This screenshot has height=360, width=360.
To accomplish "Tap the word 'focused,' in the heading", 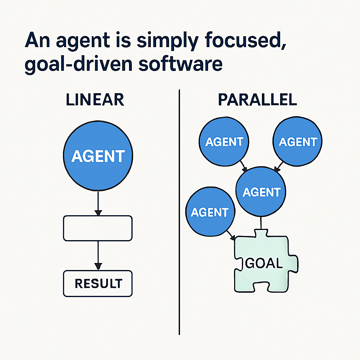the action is [x=245, y=40].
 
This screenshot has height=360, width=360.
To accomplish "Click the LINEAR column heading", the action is [x=95, y=99].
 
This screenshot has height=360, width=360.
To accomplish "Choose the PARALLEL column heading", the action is [x=257, y=99].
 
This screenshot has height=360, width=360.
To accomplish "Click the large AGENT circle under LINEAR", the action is [x=98, y=156].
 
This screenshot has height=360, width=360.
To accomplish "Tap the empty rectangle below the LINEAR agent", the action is [x=98, y=228].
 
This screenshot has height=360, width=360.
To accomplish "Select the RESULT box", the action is [x=98, y=284].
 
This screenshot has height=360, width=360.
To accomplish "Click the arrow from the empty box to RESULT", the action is [x=98, y=255].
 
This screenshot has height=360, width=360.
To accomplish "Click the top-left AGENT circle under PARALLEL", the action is [x=224, y=141].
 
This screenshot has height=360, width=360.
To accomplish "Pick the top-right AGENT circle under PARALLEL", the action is [x=297, y=141].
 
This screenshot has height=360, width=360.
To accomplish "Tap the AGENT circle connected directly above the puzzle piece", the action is [x=261, y=192].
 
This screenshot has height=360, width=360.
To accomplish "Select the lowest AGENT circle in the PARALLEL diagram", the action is [x=210, y=211].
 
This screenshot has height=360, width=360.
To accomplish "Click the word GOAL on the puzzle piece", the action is [x=264, y=263].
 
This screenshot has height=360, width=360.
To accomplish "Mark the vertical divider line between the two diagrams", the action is [x=179, y=212].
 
